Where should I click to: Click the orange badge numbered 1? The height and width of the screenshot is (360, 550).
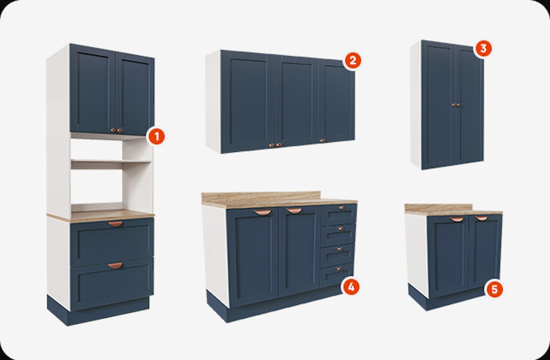156,137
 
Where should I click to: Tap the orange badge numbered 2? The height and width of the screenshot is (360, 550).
353,61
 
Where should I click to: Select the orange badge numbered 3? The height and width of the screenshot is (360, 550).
483,48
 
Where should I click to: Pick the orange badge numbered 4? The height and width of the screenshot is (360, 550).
351,287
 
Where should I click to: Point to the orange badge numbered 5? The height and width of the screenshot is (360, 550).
494,290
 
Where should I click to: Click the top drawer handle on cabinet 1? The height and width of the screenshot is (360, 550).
115,223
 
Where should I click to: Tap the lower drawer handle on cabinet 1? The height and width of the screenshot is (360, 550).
115,265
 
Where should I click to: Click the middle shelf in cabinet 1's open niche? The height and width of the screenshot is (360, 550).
111,162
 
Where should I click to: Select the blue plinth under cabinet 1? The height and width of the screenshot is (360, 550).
98,311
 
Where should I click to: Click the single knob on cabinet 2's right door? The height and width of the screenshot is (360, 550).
322,140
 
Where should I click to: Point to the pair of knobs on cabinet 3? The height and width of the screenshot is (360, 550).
456,105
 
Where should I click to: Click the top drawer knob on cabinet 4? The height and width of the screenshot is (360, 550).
340,208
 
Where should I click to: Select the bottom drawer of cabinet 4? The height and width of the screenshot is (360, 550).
337,274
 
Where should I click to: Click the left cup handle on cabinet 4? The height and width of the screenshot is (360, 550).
262,212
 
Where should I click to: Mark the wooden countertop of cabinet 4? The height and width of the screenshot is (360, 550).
279,200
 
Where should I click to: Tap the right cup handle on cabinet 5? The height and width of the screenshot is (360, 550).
481,218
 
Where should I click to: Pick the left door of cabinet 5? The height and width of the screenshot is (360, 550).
448,257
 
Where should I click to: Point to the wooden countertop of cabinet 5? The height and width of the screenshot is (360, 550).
453,210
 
